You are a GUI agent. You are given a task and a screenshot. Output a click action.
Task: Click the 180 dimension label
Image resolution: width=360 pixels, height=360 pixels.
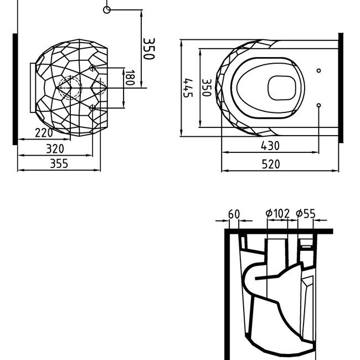click(x=130, y=78)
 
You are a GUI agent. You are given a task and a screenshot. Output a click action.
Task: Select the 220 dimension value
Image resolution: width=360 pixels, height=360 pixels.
click(x=44, y=133)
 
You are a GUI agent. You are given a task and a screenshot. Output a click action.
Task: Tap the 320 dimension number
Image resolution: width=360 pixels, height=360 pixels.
click(x=54, y=148)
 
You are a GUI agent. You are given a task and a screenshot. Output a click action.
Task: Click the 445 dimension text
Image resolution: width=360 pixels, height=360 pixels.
click(x=188, y=87)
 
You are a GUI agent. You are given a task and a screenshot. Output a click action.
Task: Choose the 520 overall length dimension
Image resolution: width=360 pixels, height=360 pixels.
click(x=271, y=164)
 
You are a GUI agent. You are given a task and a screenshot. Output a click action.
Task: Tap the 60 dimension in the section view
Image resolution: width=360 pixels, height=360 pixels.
click(x=233, y=214)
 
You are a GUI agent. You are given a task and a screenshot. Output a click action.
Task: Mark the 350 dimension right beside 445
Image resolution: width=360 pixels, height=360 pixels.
click(x=205, y=88)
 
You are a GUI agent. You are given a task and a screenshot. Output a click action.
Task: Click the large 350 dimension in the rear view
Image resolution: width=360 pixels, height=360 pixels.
click(x=149, y=49)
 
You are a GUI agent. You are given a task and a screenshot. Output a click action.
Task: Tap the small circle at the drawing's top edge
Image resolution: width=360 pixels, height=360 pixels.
click(x=107, y=9)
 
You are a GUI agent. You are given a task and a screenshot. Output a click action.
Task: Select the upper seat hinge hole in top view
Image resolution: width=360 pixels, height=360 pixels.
click(x=319, y=71)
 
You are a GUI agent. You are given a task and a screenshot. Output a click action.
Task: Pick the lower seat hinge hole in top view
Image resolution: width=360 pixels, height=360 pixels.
click(x=319, y=105)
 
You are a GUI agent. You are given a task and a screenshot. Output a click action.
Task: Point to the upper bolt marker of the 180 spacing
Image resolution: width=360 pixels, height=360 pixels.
click(x=92, y=68)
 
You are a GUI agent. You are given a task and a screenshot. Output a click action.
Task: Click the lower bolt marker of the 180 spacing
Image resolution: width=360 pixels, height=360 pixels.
click(x=92, y=107)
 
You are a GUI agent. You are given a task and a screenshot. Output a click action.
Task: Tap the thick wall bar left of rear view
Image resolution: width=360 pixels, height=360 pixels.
click(x=15, y=89)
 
